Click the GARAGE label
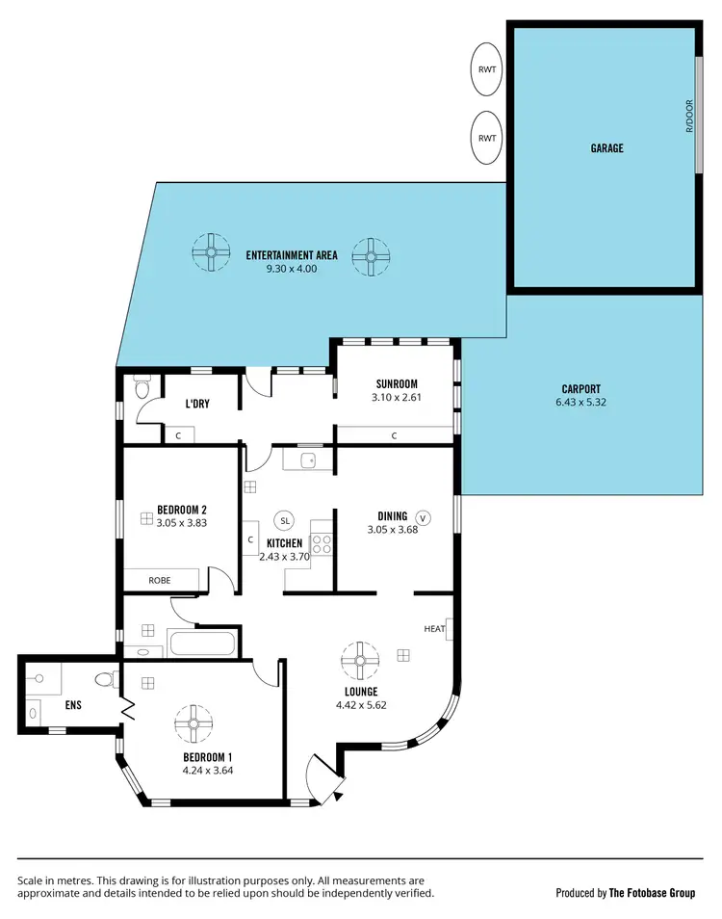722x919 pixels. (606, 148)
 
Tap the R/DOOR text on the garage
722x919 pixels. (689, 118)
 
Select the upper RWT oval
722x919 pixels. (488, 69)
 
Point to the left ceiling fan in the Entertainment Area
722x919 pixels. (211, 254)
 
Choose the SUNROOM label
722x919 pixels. (396, 383)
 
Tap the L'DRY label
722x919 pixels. (197, 404)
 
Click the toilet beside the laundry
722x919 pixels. (142, 388)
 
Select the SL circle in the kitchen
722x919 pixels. (284, 520)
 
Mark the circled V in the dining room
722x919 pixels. (422, 517)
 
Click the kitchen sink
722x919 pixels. (308, 460)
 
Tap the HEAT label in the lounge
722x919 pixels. (433, 629)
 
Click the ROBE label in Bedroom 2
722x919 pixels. (159, 581)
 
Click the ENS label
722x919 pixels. (73, 704)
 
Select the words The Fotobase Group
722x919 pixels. (652, 893)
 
